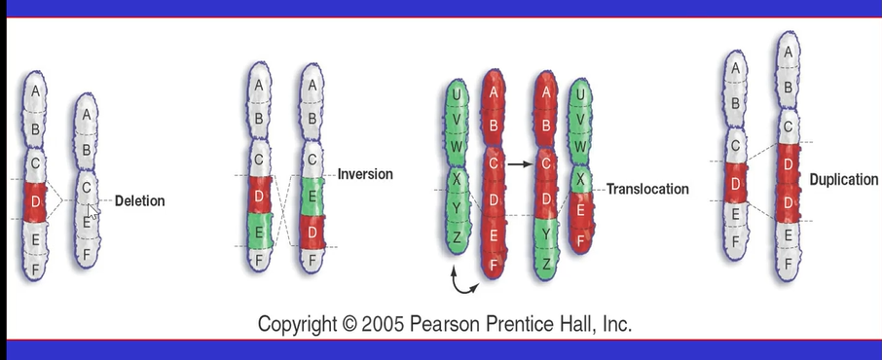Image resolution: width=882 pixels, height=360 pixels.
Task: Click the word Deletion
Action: [x=140, y=201]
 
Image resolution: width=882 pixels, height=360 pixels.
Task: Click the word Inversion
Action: [x=365, y=174]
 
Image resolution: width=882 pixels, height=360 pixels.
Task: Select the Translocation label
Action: [x=647, y=189]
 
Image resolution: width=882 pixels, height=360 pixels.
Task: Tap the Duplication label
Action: [x=844, y=180]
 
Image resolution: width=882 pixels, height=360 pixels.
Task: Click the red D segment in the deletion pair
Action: [x=35, y=199]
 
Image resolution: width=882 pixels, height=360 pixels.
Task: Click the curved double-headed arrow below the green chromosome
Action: [x=464, y=282]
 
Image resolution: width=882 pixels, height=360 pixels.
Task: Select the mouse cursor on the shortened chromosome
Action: [x=93, y=209]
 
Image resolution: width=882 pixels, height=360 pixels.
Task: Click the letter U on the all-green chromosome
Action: [x=455, y=95]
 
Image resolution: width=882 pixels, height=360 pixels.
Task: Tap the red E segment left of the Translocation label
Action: [x=580, y=210]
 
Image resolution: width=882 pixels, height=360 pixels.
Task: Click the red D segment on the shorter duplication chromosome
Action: [x=737, y=182]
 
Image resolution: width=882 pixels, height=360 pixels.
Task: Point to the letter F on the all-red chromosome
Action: [x=495, y=263]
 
